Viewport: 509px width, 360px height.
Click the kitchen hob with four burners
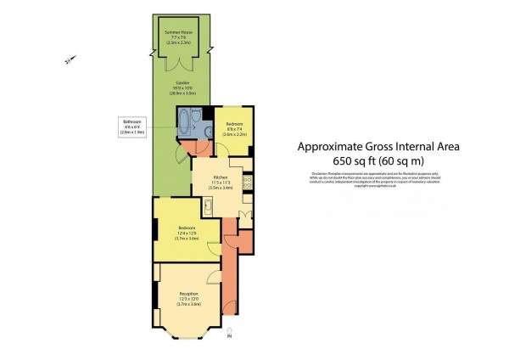click(x=246, y=181)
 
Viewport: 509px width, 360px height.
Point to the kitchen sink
click(x=209, y=203)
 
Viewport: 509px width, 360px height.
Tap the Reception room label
click(x=187, y=297)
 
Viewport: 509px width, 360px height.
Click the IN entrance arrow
click(x=230, y=335)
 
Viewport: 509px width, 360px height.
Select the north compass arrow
click(x=69, y=59)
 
